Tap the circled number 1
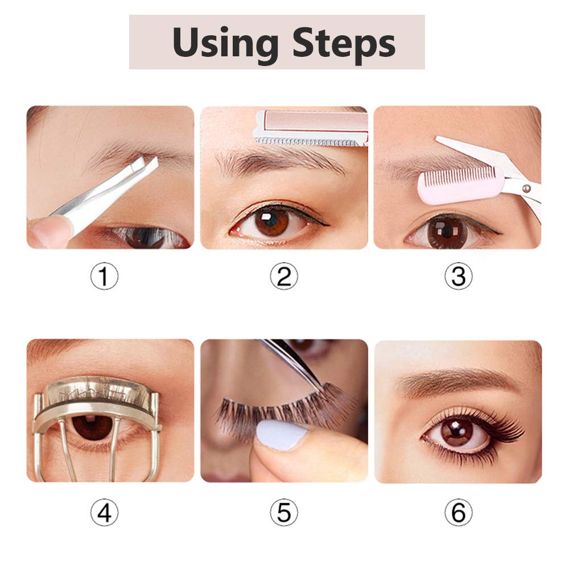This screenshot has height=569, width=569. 104,276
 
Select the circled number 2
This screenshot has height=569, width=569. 284,276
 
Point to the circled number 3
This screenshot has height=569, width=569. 458,276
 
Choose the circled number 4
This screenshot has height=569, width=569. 104,512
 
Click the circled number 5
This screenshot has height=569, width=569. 284,512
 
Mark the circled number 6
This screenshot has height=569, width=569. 458,512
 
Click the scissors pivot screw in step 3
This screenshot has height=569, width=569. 526,188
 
